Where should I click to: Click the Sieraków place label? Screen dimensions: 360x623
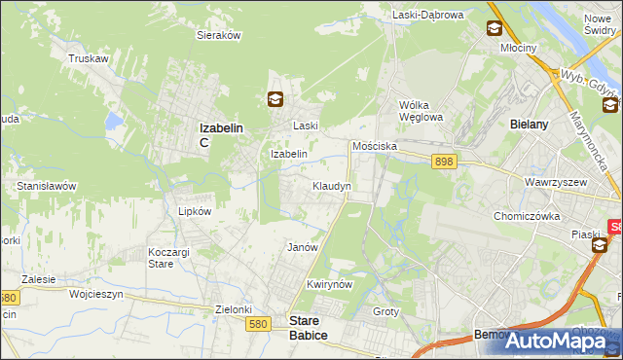click(219, 34)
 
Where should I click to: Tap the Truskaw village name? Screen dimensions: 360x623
click(88, 58)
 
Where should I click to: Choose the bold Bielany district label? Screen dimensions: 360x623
click(531, 125)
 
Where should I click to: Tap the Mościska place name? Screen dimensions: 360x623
click(375, 145)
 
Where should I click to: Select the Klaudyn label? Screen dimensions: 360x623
click(331, 185)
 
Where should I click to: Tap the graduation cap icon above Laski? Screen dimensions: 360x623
click(276, 97)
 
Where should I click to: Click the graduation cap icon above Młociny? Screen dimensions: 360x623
click(495, 29)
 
